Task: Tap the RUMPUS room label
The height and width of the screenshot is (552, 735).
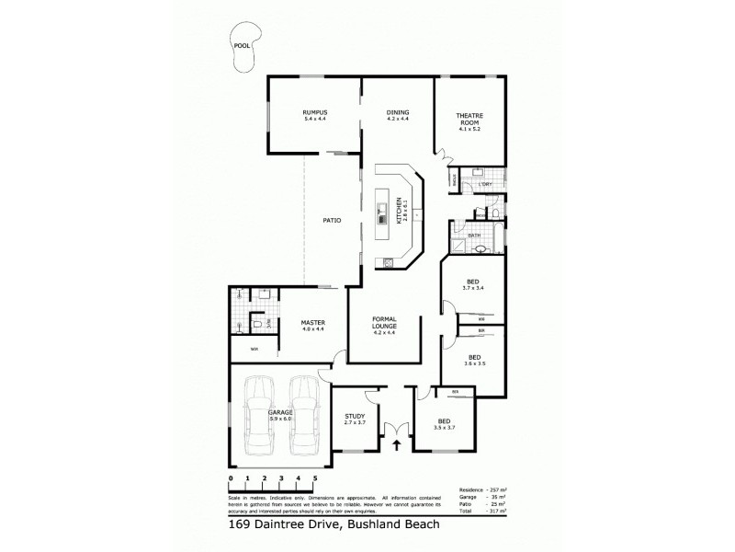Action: point(315,112)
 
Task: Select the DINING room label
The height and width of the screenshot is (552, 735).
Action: point(397,112)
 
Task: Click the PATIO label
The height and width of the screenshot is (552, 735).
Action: point(332,220)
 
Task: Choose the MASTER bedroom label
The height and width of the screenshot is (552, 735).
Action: point(314,322)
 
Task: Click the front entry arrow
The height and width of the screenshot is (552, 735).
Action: point(397,447)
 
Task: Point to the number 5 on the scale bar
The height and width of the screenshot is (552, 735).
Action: point(315,479)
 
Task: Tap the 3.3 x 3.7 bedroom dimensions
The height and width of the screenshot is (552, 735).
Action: point(445,428)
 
